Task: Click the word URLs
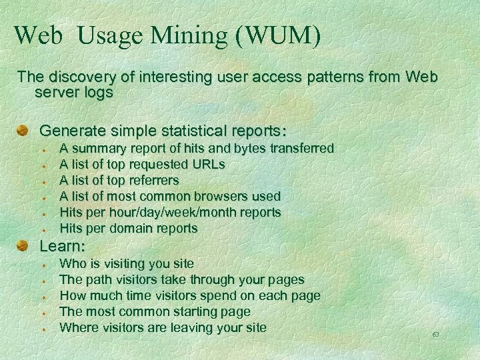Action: point(208,163)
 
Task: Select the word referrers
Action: point(153,180)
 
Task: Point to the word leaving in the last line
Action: point(193,327)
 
